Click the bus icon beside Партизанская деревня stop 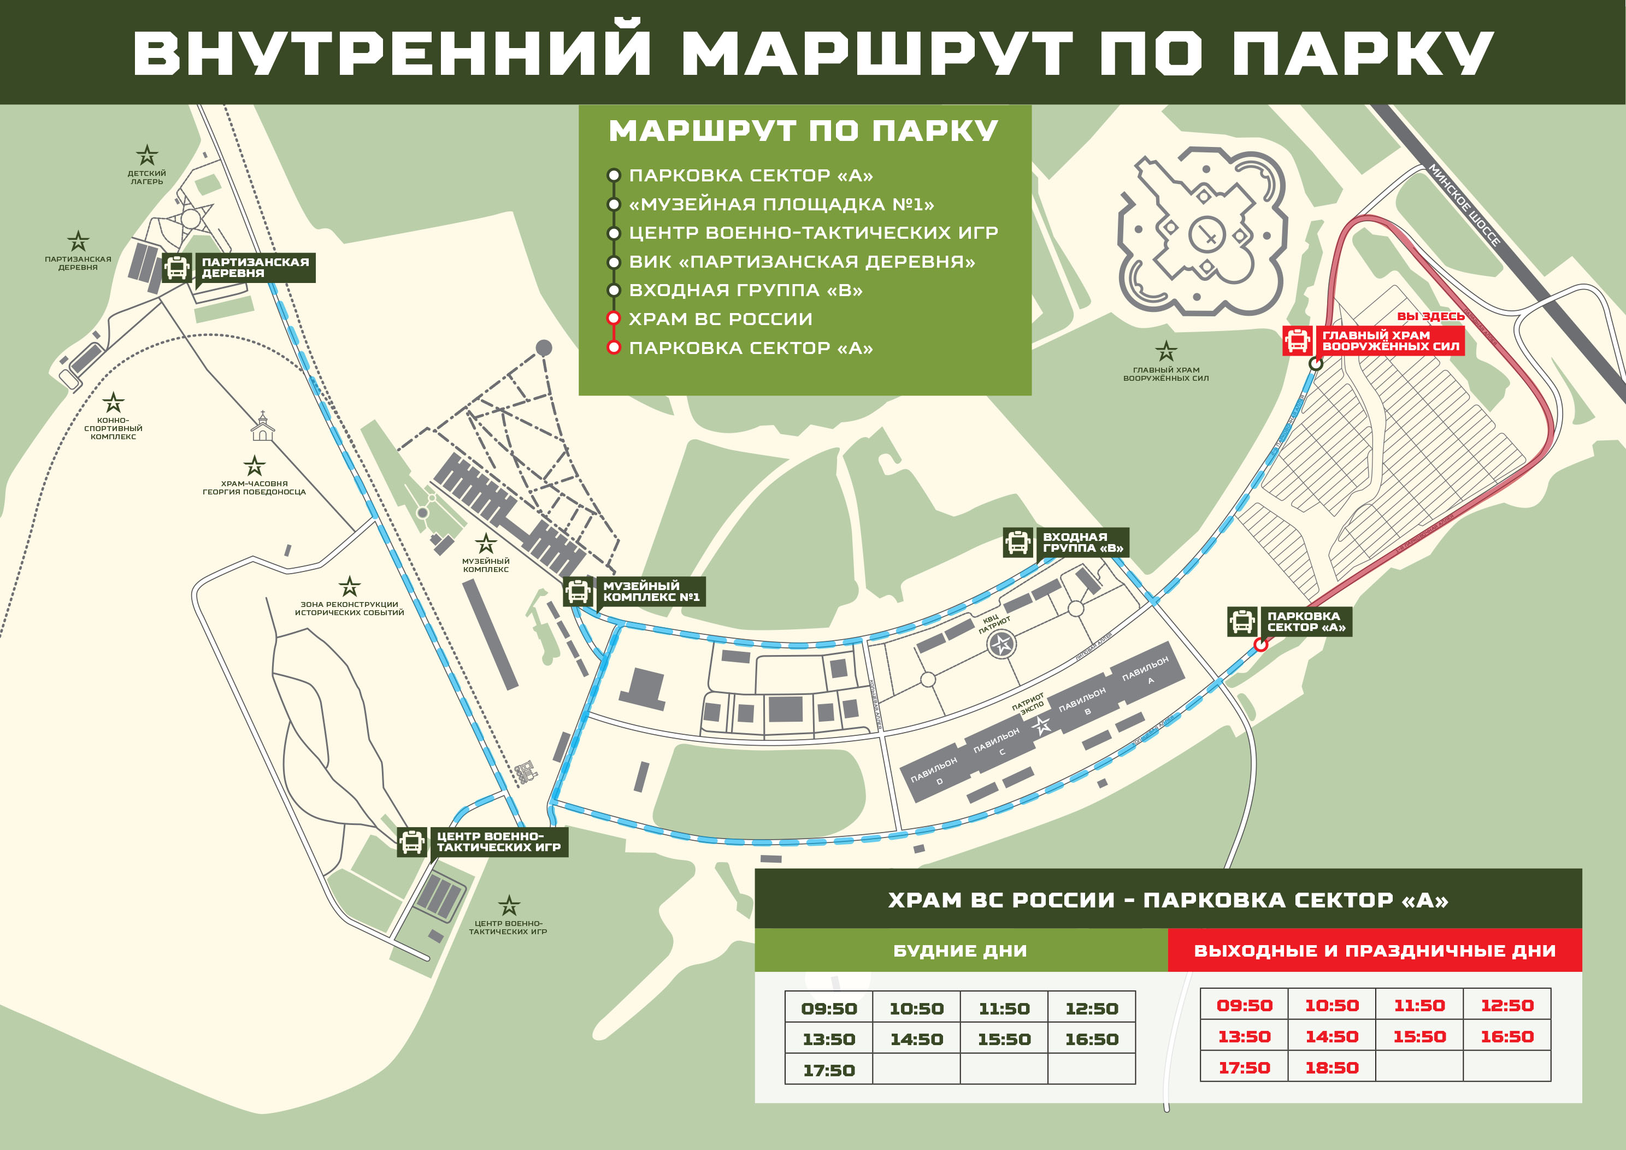(x=176, y=268)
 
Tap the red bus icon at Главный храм (x=1298, y=340)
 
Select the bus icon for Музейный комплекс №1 (x=578, y=591)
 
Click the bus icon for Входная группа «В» (x=1018, y=542)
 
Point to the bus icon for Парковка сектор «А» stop (x=1242, y=622)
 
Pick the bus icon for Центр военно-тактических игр (x=411, y=841)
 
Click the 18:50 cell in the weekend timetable (x=1332, y=1068)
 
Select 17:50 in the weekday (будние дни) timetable (x=829, y=1071)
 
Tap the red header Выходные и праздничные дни (x=1375, y=950)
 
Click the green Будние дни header (x=961, y=950)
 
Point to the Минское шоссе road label (x=1464, y=205)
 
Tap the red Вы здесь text (x=1430, y=316)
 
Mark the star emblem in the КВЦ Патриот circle (x=1002, y=644)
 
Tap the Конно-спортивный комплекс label (x=113, y=428)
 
